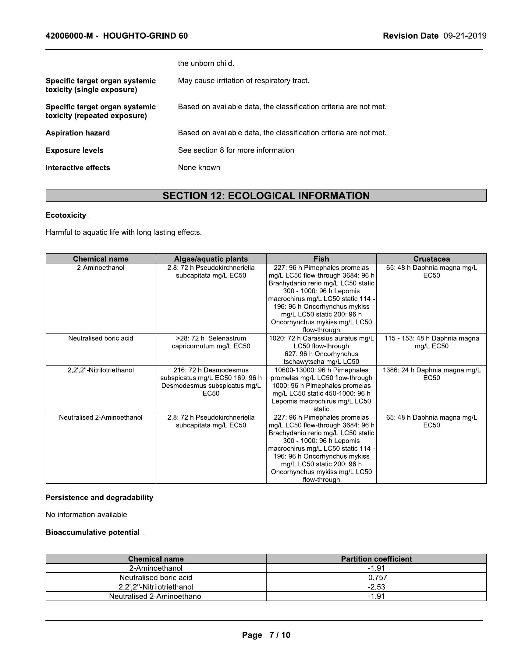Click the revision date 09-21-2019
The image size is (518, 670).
465,36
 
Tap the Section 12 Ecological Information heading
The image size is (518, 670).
266,196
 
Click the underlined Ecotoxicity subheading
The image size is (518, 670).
66,215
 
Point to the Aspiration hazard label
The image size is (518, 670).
78,133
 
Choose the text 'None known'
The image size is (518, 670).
199,167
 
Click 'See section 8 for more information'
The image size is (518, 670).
236,150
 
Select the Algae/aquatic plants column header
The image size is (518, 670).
211,259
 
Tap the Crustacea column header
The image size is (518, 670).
431,259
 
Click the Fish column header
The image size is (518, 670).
321,259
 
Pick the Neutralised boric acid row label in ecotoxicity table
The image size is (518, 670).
101,338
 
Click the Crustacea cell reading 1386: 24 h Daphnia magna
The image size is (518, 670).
431,374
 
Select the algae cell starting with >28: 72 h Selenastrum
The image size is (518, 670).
211,342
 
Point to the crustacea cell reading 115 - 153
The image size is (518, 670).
431,342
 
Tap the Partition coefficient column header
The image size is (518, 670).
376,559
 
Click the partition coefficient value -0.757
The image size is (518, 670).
376,577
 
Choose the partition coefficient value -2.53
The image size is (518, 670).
376,587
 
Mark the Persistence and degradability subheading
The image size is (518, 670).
99,497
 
